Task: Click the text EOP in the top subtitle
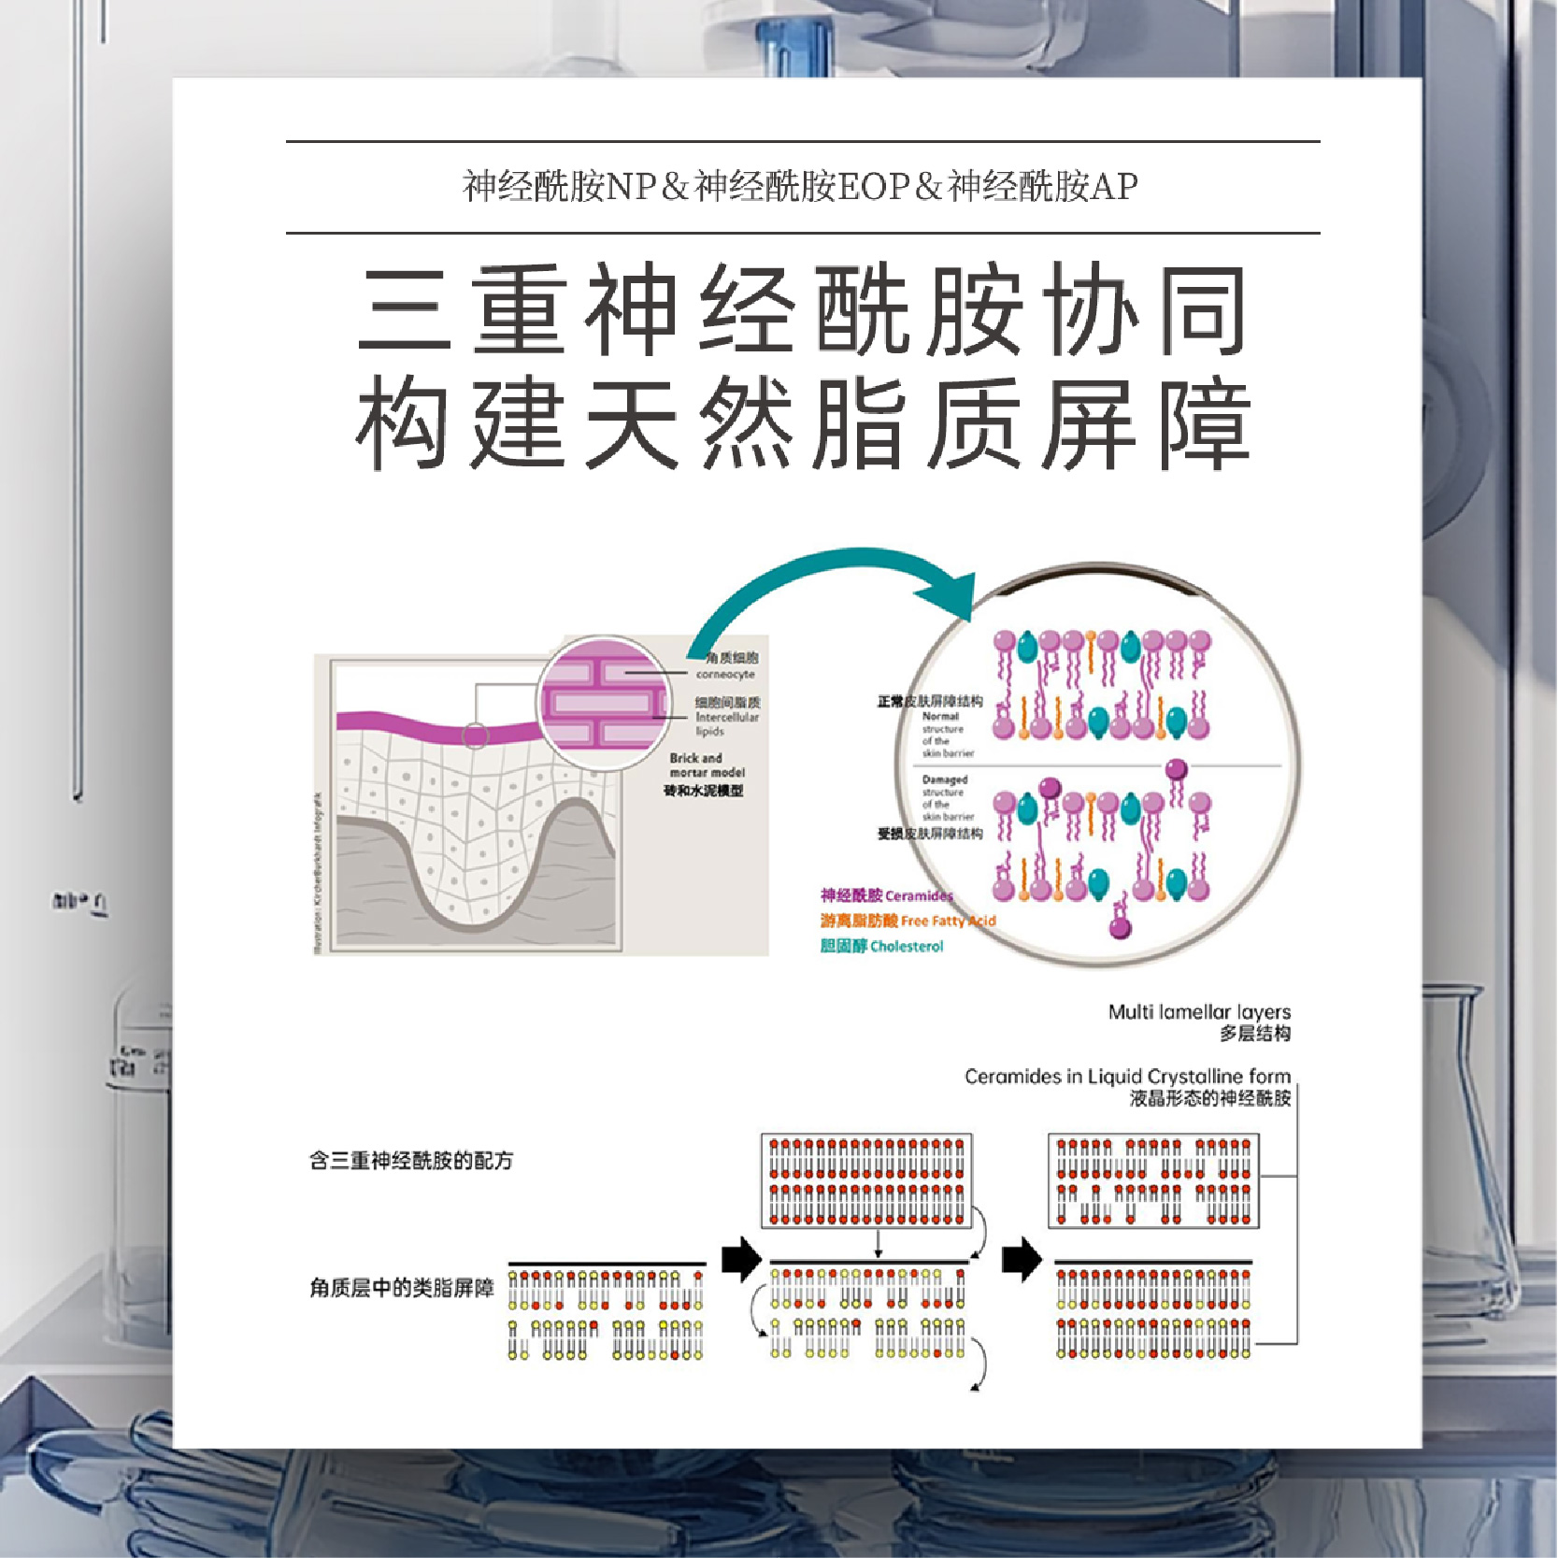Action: pyautogui.click(x=873, y=187)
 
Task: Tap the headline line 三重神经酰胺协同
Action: pyautogui.click(x=802, y=309)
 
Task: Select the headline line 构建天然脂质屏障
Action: pyautogui.click(x=802, y=425)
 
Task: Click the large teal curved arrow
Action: pyautogui.click(x=822, y=584)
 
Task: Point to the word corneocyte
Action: pyautogui.click(x=725, y=674)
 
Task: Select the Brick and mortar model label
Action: pyautogui.click(x=707, y=765)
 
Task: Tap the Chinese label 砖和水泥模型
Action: pyautogui.click(x=704, y=791)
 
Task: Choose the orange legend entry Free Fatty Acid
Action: pyautogui.click(x=908, y=921)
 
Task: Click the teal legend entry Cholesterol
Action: pyautogui.click(x=881, y=946)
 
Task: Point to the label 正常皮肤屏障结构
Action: pyautogui.click(x=930, y=701)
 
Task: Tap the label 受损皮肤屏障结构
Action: pyautogui.click(x=930, y=833)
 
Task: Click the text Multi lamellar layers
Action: pyautogui.click(x=1199, y=1011)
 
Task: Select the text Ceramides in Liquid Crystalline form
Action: pyautogui.click(x=1127, y=1077)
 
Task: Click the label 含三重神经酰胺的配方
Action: pyautogui.click(x=411, y=1161)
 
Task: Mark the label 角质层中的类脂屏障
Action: pyautogui.click(x=402, y=1288)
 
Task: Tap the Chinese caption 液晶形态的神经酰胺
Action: pyautogui.click(x=1209, y=1098)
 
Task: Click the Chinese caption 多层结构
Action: pyautogui.click(x=1255, y=1034)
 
